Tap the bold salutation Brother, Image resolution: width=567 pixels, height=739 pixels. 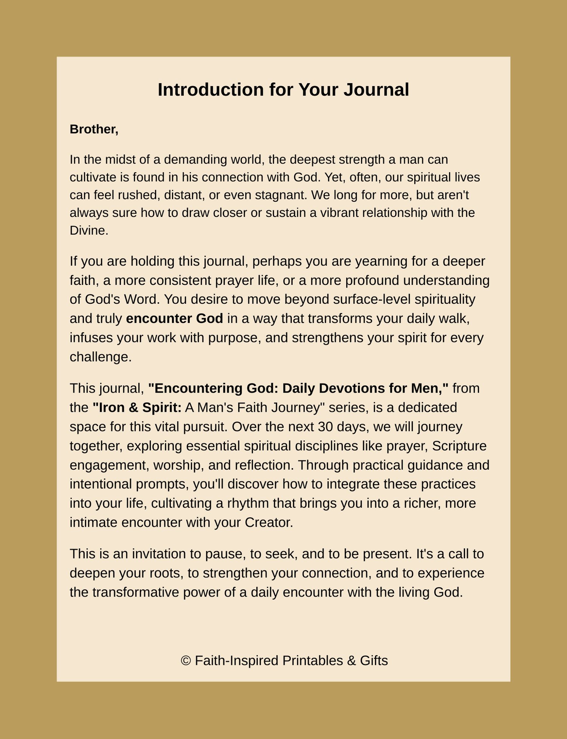tap(94, 129)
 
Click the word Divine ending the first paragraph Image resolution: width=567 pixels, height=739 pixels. tap(88, 230)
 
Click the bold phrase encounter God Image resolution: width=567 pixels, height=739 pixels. tap(174, 318)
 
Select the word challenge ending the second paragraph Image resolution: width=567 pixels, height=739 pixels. tap(100, 357)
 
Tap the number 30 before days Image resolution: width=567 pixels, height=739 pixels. tap(325, 427)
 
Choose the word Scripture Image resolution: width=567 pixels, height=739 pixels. tap(459, 446)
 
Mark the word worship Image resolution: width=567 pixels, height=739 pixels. tap(178, 465)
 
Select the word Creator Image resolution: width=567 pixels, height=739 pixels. tap(268, 523)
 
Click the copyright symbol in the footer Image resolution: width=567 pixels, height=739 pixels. tap(186, 660)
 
